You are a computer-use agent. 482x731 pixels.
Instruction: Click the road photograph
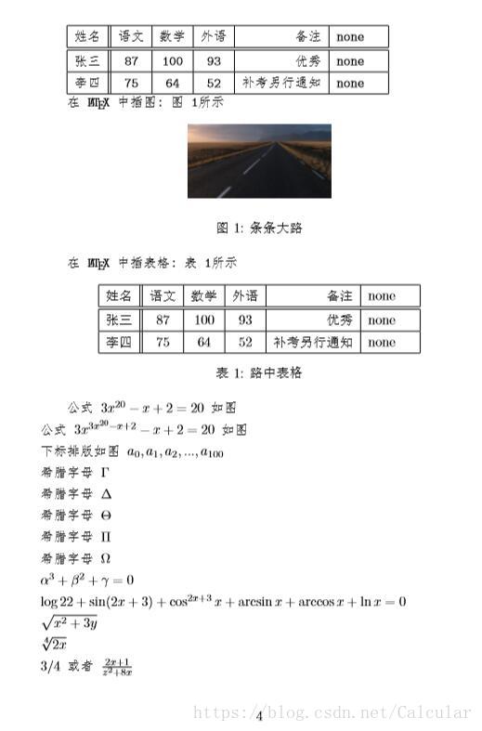point(259,161)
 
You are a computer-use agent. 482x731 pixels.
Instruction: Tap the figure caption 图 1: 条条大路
point(259,228)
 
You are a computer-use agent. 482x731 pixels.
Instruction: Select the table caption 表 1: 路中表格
point(259,373)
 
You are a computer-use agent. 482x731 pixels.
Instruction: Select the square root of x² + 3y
point(71,622)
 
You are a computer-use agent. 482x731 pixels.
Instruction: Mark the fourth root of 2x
point(54,644)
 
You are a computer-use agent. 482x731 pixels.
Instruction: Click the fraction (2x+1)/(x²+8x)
point(118,667)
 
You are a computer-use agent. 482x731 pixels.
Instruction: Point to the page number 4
point(259,715)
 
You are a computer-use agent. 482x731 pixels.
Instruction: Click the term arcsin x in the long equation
point(251,602)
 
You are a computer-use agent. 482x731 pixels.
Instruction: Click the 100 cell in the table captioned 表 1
point(204,320)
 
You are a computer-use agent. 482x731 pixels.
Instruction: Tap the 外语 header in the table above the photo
point(214,36)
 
